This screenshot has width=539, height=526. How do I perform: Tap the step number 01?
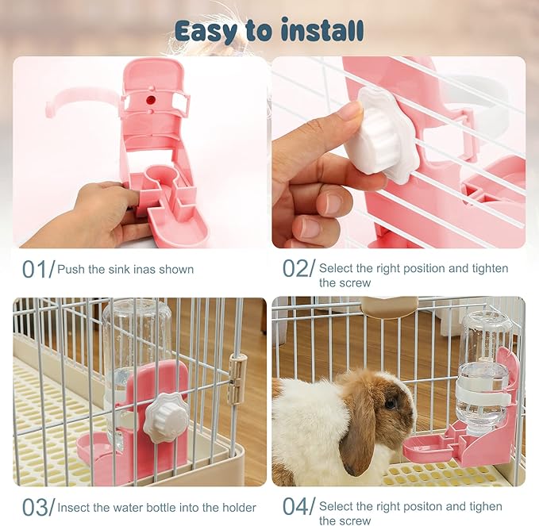click(x=34, y=270)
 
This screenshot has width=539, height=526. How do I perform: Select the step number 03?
click(x=34, y=507)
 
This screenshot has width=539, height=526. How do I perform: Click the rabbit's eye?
click(x=390, y=404)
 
